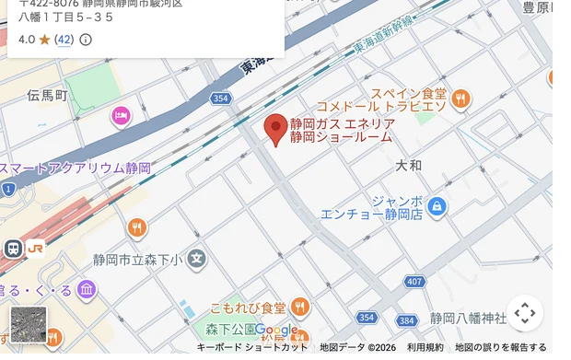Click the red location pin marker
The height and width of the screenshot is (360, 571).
pos(275,128)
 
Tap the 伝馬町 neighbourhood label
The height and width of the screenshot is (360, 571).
pos(47,96)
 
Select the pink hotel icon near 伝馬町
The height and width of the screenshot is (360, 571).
pos(120,116)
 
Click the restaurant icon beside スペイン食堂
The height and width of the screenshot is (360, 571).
pos(460,99)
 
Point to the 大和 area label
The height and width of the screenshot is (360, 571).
pos(408,166)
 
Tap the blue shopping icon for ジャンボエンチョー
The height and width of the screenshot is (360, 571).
pos(437,206)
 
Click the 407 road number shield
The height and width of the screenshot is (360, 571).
pos(414,281)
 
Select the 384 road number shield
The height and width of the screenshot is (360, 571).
pos(406,320)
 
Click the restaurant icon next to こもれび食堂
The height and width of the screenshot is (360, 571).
pos(299,308)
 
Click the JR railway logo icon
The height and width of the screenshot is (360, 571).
pos(34,248)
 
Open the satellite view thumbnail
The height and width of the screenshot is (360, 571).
pos(28,324)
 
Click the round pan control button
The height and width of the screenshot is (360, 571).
pos(524,313)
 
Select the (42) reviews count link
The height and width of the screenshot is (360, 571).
pos(64,40)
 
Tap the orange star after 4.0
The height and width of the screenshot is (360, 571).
pos(44,40)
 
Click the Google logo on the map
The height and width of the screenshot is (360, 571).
pos(276,330)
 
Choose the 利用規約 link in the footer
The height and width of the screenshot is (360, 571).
pos(425,347)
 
